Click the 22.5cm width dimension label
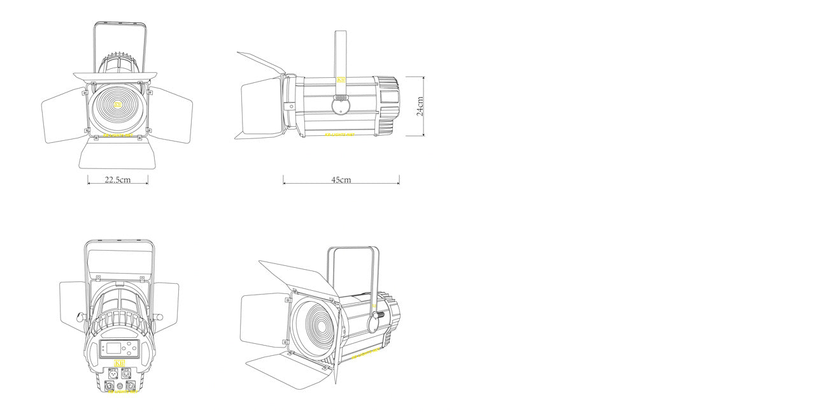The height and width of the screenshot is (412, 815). (x=117, y=180)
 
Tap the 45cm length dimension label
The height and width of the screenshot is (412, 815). (x=341, y=180)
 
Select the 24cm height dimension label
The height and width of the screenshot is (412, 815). (x=420, y=106)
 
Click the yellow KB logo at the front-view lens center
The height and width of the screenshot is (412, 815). (x=118, y=105)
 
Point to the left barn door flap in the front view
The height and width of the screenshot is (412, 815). (x=62, y=115)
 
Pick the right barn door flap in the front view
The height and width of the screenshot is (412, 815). (x=172, y=115)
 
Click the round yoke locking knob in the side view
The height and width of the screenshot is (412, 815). (x=341, y=105)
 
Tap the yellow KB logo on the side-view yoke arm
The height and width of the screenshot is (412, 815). (x=341, y=81)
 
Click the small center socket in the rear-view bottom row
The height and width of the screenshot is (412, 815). (x=120, y=386)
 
